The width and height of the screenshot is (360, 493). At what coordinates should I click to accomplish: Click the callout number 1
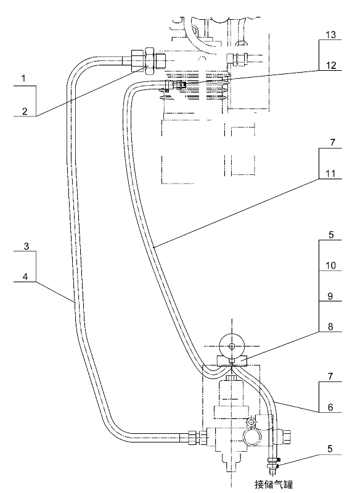coord(23,78)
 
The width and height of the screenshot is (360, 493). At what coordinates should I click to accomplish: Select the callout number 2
coord(25,111)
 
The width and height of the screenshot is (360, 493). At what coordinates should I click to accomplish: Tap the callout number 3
coord(27,246)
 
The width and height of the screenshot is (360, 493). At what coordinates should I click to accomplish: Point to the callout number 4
coord(25,276)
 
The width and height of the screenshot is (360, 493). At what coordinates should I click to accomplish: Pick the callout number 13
coord(330,35)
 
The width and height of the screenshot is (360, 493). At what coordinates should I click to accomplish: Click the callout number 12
coord(330,65)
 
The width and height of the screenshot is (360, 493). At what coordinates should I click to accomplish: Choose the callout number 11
coord(330,174)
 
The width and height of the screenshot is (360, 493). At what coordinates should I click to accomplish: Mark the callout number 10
coord(330,266)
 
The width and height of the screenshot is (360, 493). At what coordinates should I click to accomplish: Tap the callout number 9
coord(330,296)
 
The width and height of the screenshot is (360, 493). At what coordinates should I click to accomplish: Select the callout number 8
coord(330,327)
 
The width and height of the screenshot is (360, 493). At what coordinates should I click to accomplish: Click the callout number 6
coord(330,407)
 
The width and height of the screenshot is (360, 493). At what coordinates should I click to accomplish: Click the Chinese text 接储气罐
coord(274,484)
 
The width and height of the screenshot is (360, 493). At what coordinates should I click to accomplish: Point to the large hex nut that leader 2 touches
coord(149,60)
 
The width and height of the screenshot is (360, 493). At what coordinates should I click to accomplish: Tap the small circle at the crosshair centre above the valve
coord(232,346)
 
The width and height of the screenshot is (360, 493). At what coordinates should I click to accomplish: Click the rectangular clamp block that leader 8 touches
coord(232,361)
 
